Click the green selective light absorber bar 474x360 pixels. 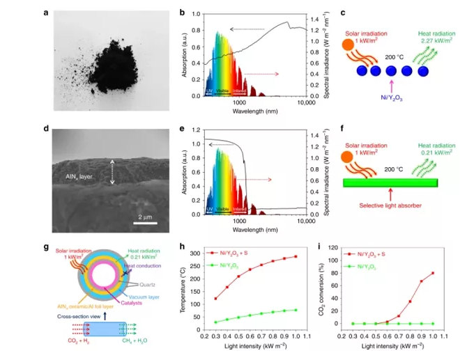[x=390, y=183]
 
